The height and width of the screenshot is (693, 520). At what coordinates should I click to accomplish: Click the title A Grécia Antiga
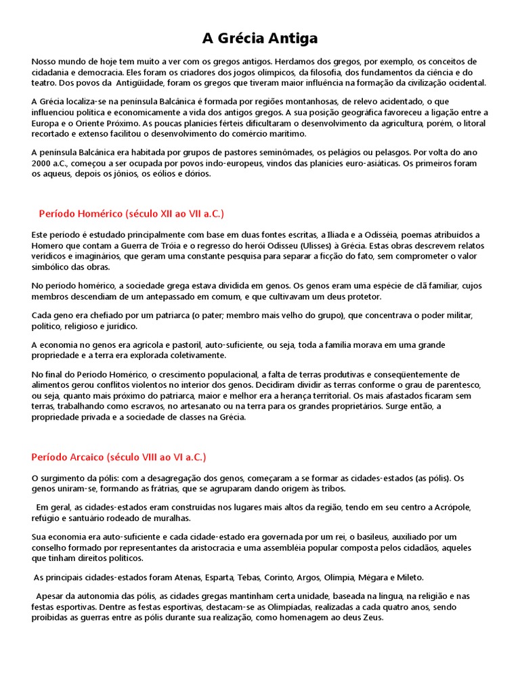[x=260, y=38]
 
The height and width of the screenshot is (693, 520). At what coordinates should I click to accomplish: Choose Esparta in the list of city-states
[x=219, y=577]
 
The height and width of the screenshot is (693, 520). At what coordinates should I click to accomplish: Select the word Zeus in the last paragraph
[x=371, y=617]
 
